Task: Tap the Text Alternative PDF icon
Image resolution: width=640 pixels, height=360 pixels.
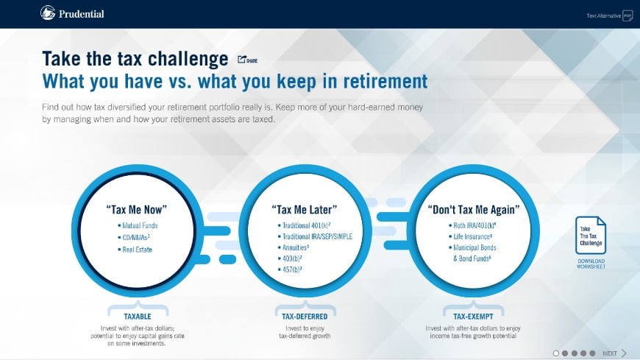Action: pos(627,15)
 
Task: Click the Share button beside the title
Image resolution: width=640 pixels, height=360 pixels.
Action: pos(247,60)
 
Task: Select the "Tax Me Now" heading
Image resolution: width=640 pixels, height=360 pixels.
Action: pos(136,208)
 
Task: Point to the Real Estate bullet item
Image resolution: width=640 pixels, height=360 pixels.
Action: pos(137,250)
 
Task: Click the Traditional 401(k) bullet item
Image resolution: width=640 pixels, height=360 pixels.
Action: pos(306,225)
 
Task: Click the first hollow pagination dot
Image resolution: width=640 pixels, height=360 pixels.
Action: pos(556,353)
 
